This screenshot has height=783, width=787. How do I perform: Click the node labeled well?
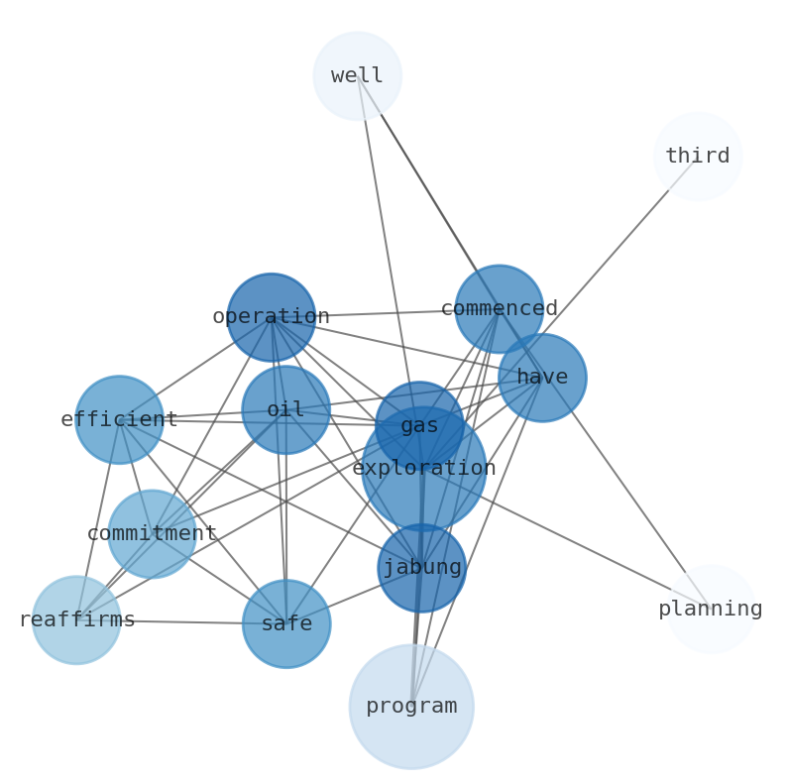357,76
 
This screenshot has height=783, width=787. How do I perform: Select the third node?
698,157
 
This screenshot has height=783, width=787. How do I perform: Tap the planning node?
711,609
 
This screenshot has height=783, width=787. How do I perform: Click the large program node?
411,707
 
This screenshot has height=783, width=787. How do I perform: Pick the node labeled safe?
286,624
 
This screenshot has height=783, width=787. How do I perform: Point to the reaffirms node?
76,620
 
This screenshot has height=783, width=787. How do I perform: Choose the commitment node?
152,534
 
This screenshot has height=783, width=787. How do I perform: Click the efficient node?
119,420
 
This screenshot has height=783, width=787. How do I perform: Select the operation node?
271,317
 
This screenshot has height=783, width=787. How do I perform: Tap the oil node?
285,410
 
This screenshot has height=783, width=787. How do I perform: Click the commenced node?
499,309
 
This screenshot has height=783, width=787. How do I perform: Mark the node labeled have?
542,378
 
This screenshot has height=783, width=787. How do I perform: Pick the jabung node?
421,568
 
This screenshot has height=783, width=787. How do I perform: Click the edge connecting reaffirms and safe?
181,622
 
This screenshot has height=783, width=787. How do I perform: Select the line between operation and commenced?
387,313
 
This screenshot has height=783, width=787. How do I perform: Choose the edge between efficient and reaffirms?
98,520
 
